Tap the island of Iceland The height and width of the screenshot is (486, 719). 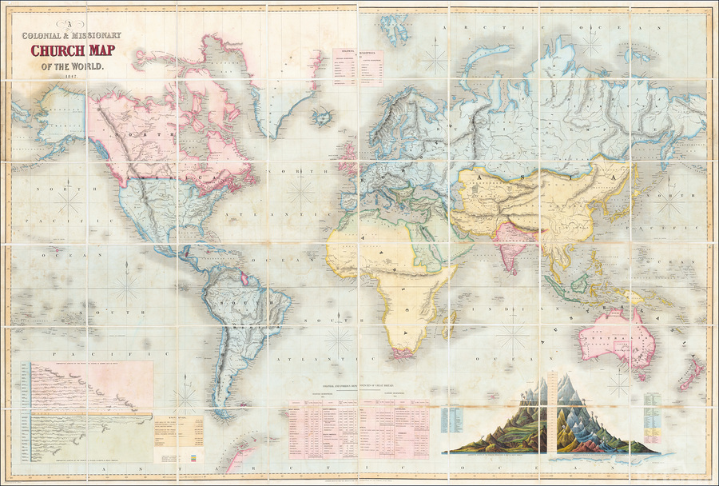tap(323, 118)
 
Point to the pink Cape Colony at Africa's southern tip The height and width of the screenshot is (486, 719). tap(403, 349)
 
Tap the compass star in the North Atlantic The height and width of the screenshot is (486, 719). tap(301, 189)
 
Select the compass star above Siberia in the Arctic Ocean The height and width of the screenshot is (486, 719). tap(436, 57)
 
